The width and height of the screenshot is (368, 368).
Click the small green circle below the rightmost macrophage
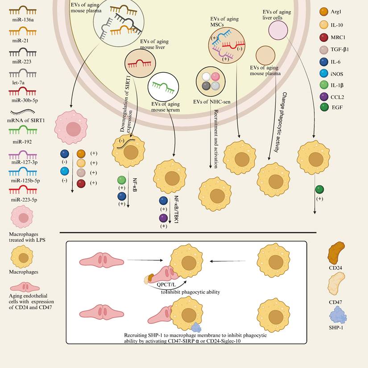tap(319, 190)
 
